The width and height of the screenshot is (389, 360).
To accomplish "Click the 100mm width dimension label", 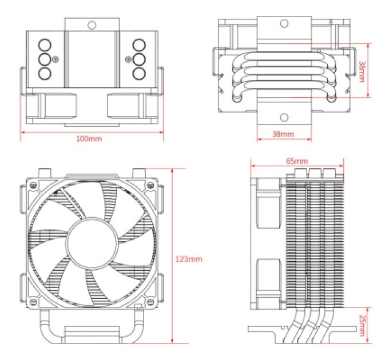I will (x=89, y=139).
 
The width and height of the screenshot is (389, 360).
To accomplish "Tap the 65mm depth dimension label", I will (x=296, y=161).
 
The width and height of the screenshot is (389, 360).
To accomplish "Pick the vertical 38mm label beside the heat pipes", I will (x=362, y=70).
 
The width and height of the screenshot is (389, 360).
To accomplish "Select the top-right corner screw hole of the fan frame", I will (x=150, y=185).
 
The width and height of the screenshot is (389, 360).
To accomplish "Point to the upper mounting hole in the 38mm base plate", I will (x=283, y=24).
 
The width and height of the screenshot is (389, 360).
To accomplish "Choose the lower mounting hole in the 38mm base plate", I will (x=283, y=118).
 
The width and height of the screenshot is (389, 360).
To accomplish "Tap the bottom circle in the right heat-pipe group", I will (x=138, y=73).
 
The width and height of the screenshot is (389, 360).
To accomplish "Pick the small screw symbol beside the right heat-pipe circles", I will (x=128, y=59).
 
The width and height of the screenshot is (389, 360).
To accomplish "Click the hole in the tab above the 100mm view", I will (x=91, y=26).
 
